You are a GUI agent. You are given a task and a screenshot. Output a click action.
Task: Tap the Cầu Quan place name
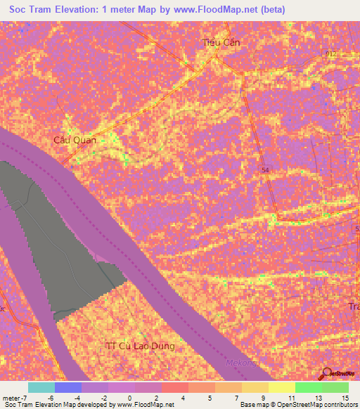coord(75,140)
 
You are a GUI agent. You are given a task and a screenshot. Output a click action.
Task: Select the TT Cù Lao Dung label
coord(139,346)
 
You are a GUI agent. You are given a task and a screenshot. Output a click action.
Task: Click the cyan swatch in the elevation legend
coord(41,387)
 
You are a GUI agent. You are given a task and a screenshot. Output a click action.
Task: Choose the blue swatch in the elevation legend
coord(68,387)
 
